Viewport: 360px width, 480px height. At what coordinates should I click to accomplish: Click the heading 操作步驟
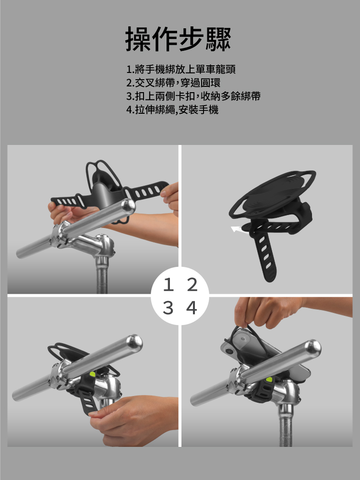pos(178,39)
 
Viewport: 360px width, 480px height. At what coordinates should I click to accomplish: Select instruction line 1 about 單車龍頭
pos(181,70)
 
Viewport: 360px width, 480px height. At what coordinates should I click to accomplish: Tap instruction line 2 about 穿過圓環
pos(173,83)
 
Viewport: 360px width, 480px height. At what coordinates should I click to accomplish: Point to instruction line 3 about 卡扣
pos(193,96)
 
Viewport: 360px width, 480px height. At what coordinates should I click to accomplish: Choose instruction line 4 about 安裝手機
pos(172,109)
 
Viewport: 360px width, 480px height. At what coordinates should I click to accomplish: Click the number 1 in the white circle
pos(168,285)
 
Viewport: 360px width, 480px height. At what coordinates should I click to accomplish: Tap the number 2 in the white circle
pos(192,285)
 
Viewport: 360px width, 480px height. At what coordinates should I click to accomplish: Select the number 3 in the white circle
pos(168,308)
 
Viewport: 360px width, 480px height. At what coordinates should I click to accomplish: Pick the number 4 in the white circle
pos(192,308)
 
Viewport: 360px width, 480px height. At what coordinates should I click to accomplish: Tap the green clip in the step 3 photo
pos(92,374)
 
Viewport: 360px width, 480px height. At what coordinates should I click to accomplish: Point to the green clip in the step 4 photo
pos(269,380)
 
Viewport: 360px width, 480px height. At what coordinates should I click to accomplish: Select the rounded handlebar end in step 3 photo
pos(135,343)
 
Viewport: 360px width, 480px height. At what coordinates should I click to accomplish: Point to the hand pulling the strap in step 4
pos(266,312)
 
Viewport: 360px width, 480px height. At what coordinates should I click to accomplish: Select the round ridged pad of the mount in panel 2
pos(274,192)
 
